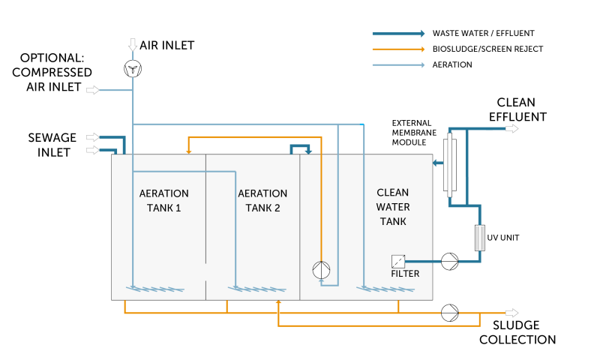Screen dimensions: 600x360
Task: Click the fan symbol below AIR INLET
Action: (x=133, y=69)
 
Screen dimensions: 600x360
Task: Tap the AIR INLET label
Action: (x=166, y=45)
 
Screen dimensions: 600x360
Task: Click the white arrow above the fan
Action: (x=133, y=44)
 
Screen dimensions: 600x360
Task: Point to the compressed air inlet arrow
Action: (x=92, y=90)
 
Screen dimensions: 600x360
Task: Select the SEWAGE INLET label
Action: (x=52, y=145)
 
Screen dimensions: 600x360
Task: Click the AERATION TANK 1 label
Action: (x=163, y=200)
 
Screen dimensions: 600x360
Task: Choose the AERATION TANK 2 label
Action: (x=262, y=200)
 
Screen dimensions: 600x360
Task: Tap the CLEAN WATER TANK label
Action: (x=393, y=207)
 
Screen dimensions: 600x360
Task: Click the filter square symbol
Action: (x=398, y=262)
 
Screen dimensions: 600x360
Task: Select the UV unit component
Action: (x=480, y=238)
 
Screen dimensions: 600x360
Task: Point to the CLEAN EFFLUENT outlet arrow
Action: (x=512, y=128)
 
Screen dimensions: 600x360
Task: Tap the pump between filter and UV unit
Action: (x=449, y=262)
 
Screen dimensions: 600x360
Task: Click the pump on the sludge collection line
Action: (x=449, y=313)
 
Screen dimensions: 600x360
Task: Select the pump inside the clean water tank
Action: (x=321, y=270)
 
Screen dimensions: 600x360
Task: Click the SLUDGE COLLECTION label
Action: (x=517, y=332)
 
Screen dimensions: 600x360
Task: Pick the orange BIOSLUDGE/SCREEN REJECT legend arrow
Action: (x=399, y=49)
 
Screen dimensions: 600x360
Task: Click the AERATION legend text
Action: (x=452, y=64)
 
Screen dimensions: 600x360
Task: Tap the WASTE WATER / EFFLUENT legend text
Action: (x=483, y=33)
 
